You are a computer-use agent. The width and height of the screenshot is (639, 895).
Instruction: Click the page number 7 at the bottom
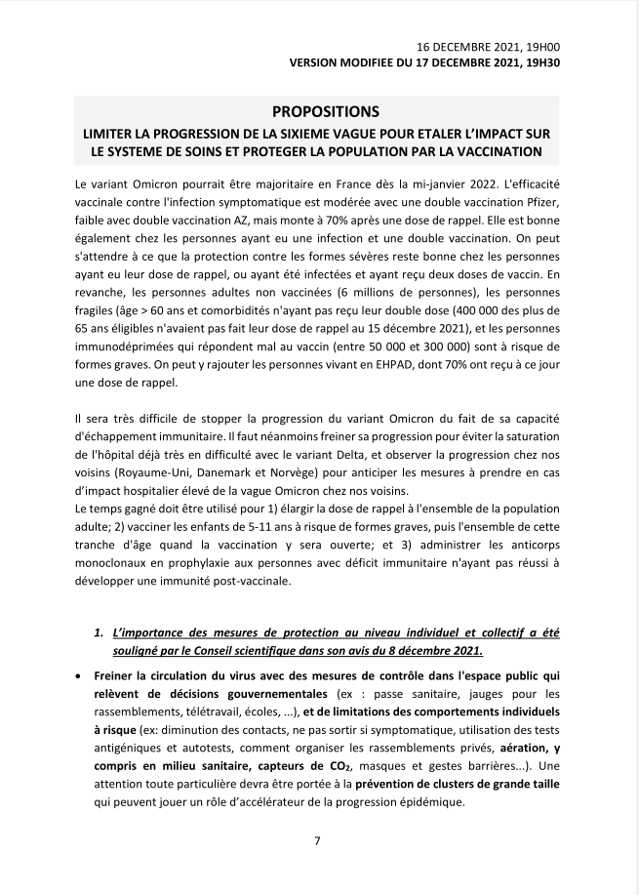(318, 840)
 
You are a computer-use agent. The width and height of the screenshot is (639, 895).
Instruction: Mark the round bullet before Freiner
(77, 674)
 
